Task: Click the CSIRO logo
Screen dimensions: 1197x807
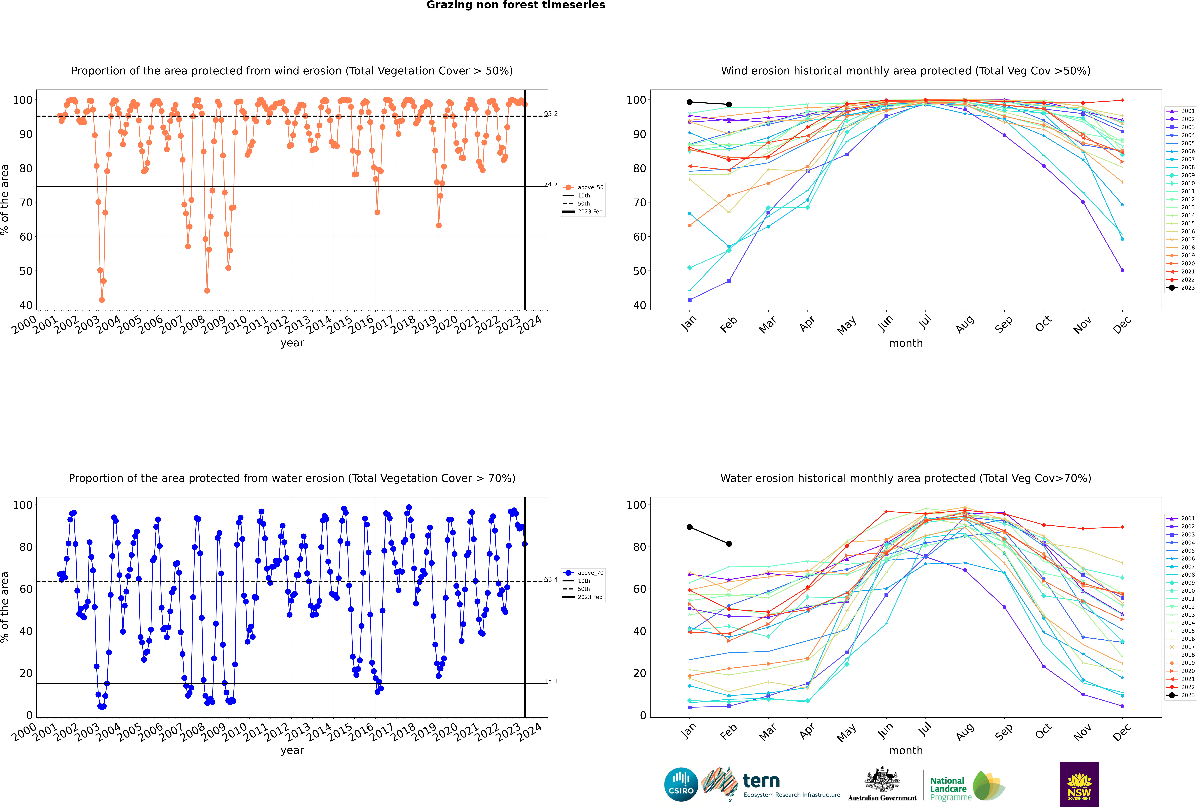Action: [681, 784]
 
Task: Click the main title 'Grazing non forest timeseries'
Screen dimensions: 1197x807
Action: [516, 5]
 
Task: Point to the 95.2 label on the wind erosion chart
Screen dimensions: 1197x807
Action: [551, 114]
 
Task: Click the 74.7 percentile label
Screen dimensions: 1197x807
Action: [551, 184]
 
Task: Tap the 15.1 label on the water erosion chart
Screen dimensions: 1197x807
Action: [551, 681]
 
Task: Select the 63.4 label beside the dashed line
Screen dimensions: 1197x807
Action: [551, 580]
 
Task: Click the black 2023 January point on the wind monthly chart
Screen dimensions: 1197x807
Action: [690, 102]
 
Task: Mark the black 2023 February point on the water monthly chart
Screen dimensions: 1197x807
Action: [729, 544]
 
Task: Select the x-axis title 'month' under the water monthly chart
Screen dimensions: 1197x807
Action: [906, 750]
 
